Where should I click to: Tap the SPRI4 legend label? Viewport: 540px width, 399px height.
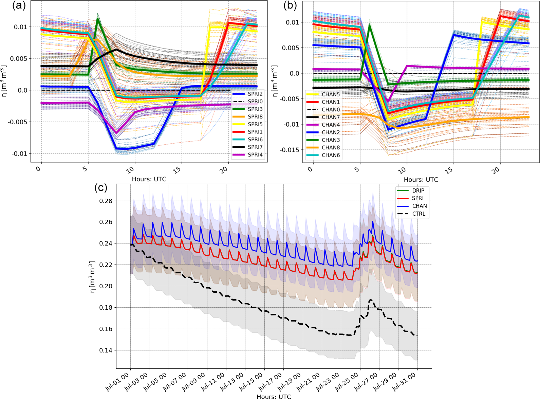pyautogui.click(x=255, y=155)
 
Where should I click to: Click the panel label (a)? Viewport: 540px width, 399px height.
pyautogui.click(x=19, y=6)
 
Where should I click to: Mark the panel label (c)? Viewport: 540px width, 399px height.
pyautogui.click(x=100, y=187)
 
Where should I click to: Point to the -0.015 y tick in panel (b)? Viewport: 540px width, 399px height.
pyautogui.click(x=289, y=150)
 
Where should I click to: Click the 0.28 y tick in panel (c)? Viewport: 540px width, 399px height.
pyautogui.click(x=106, y=201)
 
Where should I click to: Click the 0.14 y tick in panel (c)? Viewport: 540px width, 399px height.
pyautogui.click(x=106, y=350)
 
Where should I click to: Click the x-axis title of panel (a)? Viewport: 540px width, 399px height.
pyautogui.click(x=149, y=179)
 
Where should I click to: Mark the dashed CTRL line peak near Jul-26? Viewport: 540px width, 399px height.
pyautogui.click(x=371, y=300)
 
